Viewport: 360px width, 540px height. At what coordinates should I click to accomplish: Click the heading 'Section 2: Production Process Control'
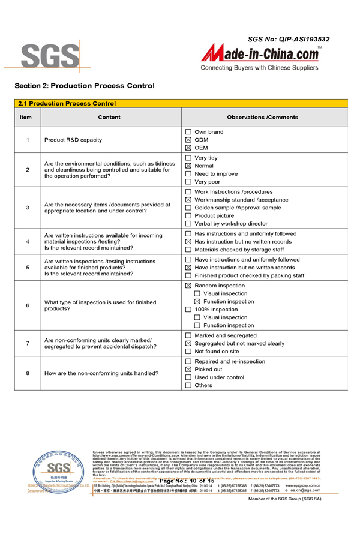click(85, 86)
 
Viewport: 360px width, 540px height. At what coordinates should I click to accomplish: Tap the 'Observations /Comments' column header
click(262, 117)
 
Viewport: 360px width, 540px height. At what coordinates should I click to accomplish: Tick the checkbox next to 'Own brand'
click(188, 132)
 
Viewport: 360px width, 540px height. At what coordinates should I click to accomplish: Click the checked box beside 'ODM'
click(188, 140)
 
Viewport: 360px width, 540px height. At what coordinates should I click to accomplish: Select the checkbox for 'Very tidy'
click(188, 158)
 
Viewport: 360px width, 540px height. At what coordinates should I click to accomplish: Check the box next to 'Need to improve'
click(188, 174)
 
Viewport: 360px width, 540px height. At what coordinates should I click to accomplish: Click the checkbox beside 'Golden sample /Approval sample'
click(188, 208)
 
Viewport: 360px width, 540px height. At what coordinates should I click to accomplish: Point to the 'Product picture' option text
click(214, 215)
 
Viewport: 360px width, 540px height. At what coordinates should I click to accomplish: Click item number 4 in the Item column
click(28, 242)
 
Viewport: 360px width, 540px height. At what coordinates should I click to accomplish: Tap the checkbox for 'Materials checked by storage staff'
click(188, 250)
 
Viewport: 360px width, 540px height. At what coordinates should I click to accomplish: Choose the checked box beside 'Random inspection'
click(188, 286)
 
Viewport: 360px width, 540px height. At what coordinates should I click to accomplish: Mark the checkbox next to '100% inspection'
click(188, 310)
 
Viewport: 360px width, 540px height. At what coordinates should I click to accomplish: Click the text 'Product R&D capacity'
click(73, 140)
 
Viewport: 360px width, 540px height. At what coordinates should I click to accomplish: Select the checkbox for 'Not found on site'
click(188, 352)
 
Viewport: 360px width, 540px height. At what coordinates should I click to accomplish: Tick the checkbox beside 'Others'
click(188, 385)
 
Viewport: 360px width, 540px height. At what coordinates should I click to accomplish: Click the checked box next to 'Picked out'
click(188, 370)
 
